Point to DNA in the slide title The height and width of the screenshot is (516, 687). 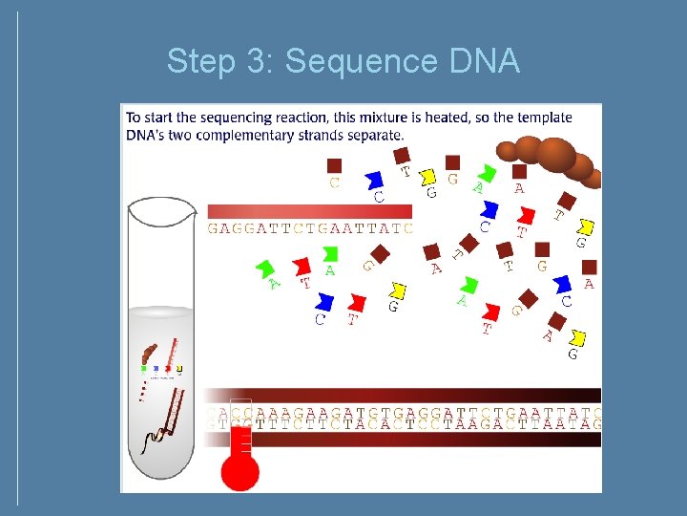point(482,62)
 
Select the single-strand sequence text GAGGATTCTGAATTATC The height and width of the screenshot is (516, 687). point(310,229)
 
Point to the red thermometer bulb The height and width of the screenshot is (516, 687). point(239,471)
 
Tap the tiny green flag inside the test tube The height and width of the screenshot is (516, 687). point(144,367)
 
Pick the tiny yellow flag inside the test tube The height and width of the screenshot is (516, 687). point(178,367)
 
